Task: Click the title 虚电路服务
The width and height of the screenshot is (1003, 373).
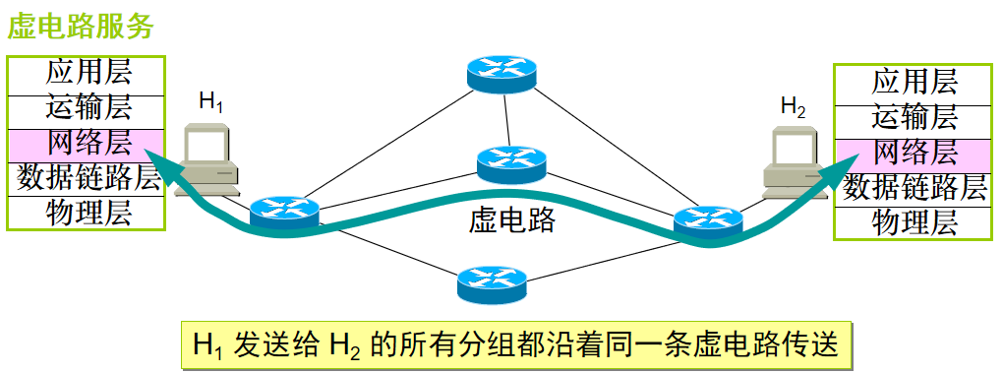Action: pos(81,27)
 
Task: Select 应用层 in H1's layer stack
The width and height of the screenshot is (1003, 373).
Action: pos(88,72)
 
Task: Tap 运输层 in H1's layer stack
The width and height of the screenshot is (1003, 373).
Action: pos(88,107)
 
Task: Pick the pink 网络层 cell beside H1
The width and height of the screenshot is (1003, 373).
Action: pos(88,143)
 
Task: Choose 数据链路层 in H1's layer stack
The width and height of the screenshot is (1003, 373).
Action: pos(88,178)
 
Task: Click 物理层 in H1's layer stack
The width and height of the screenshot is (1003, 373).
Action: pos(88,213)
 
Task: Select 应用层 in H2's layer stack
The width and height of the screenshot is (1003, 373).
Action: pos(914,82)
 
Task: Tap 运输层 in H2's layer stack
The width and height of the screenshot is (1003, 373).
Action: pos(914,117)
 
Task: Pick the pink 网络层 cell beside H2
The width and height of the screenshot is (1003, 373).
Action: pos(914,153)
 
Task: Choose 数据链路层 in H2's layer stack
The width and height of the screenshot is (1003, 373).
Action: pos(914,187)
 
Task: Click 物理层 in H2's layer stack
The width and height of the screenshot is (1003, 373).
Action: pos(914,222)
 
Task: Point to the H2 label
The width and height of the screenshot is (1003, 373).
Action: pos(793,108)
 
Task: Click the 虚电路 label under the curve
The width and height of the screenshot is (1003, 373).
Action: pos(511,220)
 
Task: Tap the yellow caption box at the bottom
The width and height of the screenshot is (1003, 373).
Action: pos(514,345)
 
